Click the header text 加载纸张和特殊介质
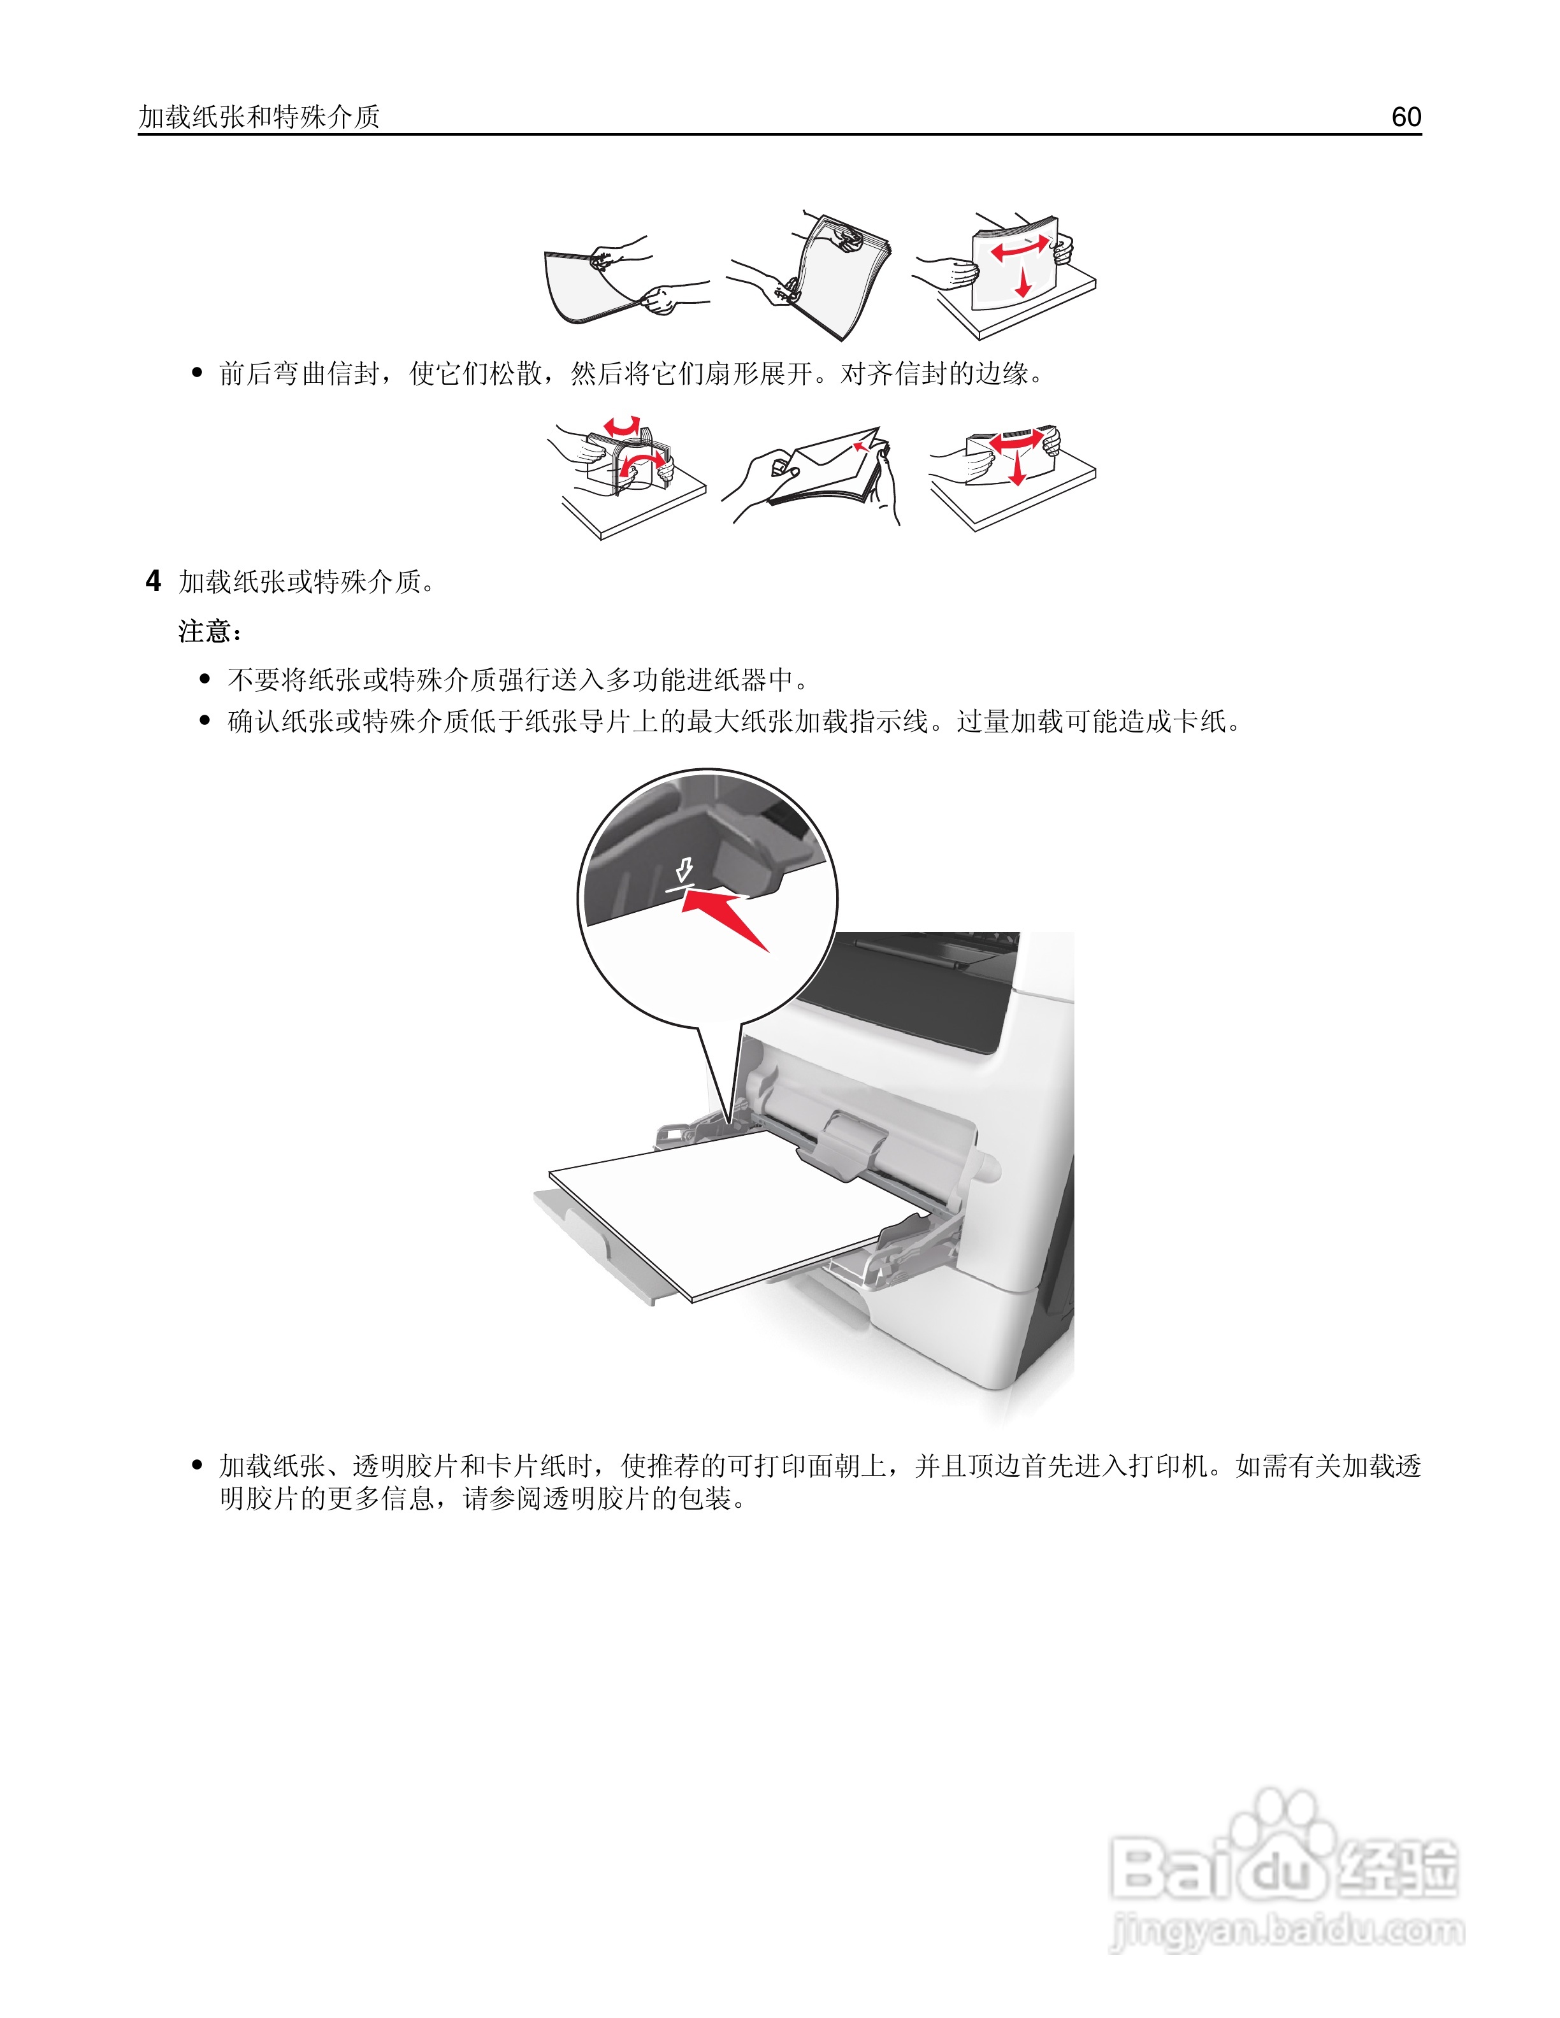click(x=259, y=117)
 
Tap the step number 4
click(x=154, y=581)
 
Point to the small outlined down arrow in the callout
click(x=684, y=869)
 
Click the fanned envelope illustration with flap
click(x=827, y=471)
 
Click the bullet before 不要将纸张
click(x=205, y=680)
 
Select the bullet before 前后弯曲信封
click(x=197, y=373)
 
